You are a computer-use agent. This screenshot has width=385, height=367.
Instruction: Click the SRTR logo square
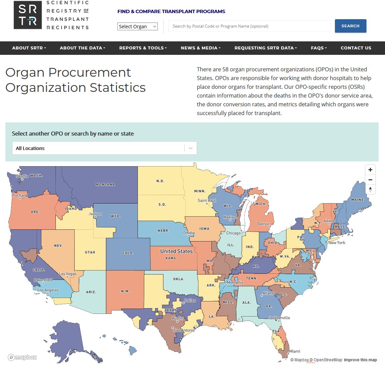coord(28,15)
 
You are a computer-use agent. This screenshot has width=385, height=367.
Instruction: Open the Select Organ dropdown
coord(138,27)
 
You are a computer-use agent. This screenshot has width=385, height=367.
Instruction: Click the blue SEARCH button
coord(350,26)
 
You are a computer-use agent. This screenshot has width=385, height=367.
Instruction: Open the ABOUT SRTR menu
coord(29,48)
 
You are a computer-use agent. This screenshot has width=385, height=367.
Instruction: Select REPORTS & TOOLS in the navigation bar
coord(143,48)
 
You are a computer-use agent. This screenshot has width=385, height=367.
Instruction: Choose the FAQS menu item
coord(319,48)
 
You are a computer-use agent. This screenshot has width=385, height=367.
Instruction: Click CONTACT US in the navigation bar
coord(356,48)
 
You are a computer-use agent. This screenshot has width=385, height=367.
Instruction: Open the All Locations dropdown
coord(104,148)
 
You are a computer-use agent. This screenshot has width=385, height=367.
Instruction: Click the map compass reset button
coord(370,189)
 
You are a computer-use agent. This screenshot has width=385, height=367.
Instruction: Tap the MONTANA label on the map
coord(105,184)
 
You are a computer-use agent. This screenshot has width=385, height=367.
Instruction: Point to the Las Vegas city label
coord(68,274)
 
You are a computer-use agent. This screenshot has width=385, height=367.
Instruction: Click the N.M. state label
coord(125,291)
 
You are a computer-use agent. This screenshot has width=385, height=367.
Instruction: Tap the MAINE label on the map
coord(357,199)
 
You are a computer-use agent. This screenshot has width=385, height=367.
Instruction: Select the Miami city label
coord(295,351)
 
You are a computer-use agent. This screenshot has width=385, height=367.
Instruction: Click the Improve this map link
coord(360,360)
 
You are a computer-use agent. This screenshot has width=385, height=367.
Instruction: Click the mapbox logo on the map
coord(22,357)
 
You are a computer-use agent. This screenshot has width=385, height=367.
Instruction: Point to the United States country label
coord(176,251)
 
